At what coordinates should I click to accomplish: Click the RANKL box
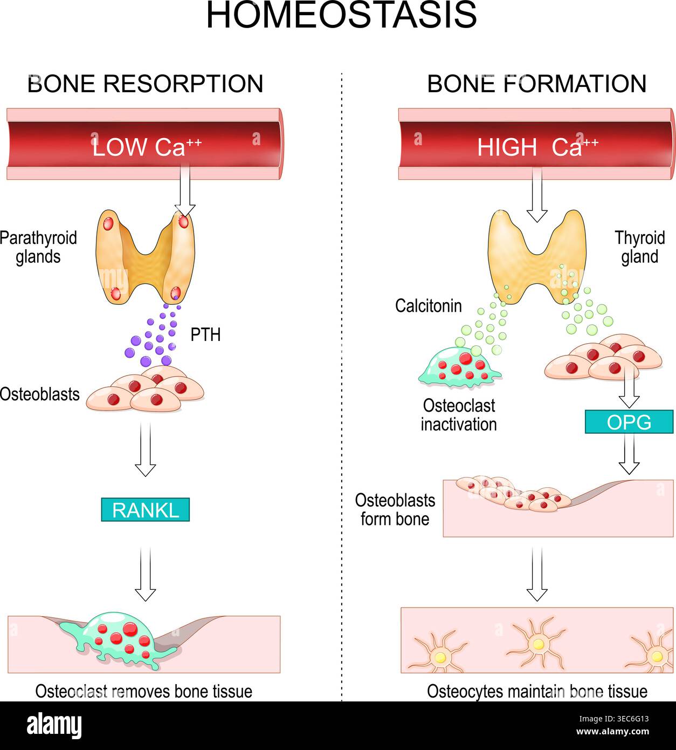click(x=146, y=509)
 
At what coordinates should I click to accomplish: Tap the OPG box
click(x=629, y=422)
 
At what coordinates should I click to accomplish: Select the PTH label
click(x=205, y=335)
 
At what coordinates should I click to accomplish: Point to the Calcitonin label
click(x=429, y=306)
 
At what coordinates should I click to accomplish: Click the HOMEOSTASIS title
click(x=342, y=15)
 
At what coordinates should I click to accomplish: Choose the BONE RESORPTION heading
click(x=146, y=84)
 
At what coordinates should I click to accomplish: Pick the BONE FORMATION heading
click(x=536, y=84)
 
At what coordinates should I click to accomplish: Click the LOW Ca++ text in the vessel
click(x=147, y=147)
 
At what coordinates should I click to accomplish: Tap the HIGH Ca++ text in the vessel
click(x=537, y=147)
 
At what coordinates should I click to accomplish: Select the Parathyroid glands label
click(x=38, y=247)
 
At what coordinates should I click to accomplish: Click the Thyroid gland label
click(x=640, y=247)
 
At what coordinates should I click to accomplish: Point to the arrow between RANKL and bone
click(x=146, y=574)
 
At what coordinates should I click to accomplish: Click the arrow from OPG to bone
click(x=629, y=454)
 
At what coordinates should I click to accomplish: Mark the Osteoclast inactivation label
click(x=459, y=415)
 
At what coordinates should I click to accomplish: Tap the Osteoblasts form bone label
click(x=395, y=509)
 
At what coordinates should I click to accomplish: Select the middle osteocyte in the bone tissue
click(x=537, y=644)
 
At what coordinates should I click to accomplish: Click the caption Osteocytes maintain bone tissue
click(x=537, y=691)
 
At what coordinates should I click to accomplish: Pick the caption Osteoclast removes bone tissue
click(x=144, y=691)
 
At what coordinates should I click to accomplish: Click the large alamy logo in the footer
click(x=54, y=726)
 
